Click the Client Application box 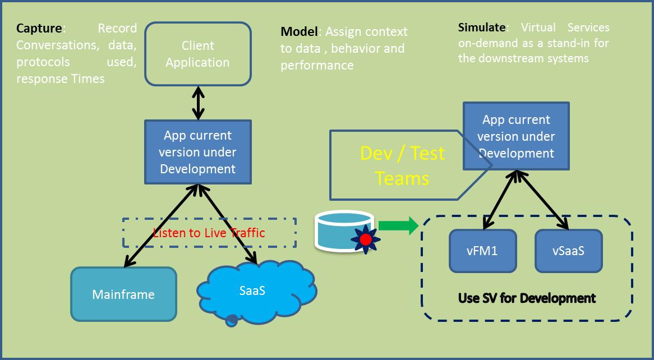[x=197, y=54]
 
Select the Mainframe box [x=123, y=294]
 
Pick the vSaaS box [x=568, y=251]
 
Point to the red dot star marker [x=365, y=239]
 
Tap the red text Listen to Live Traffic [x=209, y=233]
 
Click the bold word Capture [x=39, y=28]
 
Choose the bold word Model [x=299, y=31]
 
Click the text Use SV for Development [x=527, y=298]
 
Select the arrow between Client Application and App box [x=198, y=103]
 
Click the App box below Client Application [x=197, y=152]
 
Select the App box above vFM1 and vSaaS [x=516, y=136]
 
